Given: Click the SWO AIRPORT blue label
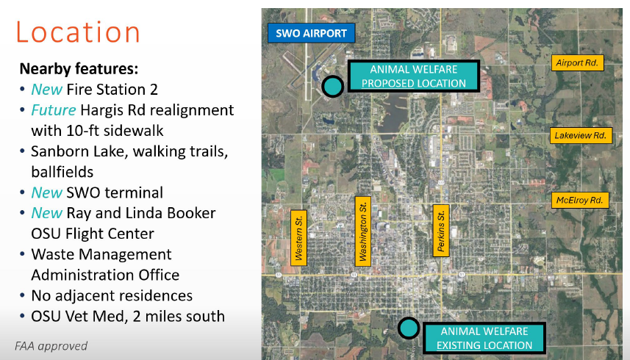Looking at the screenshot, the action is point(312,33).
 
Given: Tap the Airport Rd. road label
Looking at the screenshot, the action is point(577,63).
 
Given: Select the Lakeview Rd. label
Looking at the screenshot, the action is point(581,136).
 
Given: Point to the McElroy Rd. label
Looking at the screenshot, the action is point(580,201).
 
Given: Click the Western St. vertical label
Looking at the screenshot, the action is point(298,238).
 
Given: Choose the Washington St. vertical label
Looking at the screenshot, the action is point(363,231).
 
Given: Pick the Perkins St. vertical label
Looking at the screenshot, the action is point(441,231).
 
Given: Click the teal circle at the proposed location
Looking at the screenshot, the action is point(332,85).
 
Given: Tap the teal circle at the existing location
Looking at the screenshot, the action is point(409,328).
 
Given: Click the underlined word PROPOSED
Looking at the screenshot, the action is point(387,84).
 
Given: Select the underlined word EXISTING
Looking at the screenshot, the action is point(459,345).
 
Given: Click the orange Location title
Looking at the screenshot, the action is point(77,32).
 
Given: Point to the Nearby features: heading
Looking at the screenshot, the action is point(79,68).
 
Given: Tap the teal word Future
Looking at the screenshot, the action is point(54,110).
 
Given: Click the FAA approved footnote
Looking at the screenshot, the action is point(51,346).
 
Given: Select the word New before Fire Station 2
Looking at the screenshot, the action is point(46,90).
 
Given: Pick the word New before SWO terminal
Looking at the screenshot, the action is point(46,192).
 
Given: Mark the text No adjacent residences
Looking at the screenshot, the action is point(112,296).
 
